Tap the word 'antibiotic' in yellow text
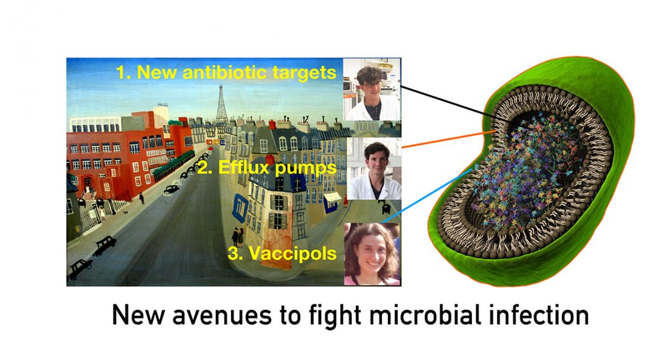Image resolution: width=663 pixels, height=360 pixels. pyautogui.click(x=224, y=72)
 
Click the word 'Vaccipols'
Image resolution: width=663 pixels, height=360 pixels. pyautogui.click(x=292, y=253)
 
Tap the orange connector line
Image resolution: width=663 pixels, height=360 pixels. pyautogui.click(x=449, y=139)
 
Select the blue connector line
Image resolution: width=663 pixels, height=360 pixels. pyautogui.click(x=427, y=196)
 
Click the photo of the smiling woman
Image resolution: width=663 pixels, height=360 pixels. pyautogui.click(x=372, y=254)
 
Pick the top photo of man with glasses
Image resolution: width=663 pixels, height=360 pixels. pyautogui.click(x=372, y=89)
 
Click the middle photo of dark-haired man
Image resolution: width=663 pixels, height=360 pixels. pyautogui.click(x=374, y=169)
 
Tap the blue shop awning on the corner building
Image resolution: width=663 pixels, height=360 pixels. pyautogui.click(x=240, y=208)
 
